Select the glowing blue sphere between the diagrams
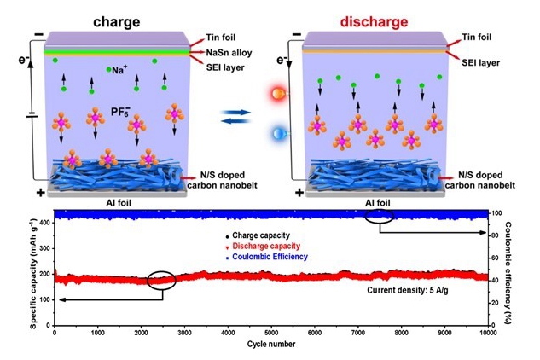pos(278,133)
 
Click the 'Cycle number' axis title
pos(270,345)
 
